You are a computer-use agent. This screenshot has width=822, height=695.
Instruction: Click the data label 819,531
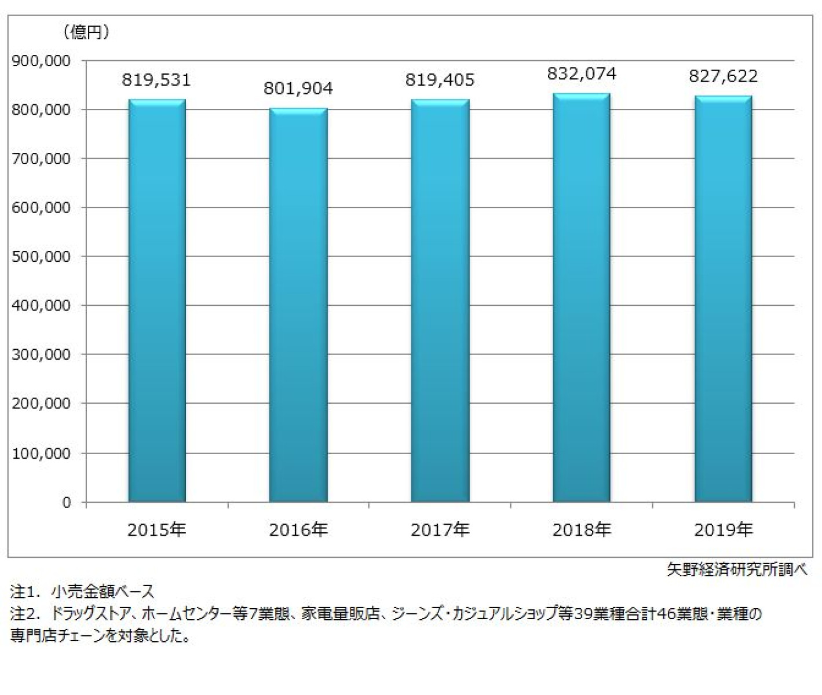click(156, 80)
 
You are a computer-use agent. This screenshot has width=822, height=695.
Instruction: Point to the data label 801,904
click(298, 89)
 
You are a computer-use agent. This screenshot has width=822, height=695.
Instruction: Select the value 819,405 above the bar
click(440, 80)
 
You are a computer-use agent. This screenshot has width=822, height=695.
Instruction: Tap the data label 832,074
click(582, 74)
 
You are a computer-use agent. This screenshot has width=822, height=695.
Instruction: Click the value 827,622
click(724, 76)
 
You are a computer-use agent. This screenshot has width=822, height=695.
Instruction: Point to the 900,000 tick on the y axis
click(41, 61)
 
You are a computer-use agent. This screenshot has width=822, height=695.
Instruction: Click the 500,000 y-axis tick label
click(41, 257)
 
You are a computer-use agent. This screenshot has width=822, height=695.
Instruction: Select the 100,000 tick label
click(41, 453)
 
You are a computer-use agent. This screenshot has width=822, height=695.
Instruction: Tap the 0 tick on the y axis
click(67, 502)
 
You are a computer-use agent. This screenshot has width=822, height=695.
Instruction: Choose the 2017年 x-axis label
click(440, 530)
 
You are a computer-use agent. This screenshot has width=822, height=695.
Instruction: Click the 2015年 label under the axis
click(157, 530)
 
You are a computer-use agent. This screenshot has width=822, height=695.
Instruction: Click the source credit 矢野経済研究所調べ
click(737, 570)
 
